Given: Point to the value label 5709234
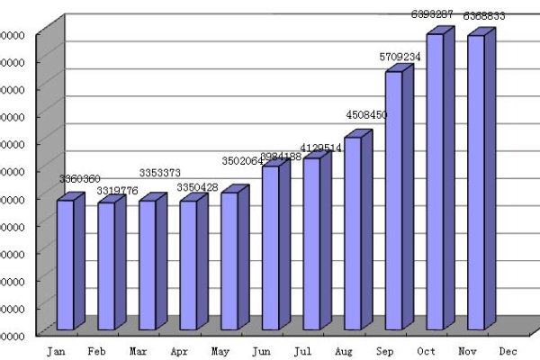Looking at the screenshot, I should click(x=400, y=57).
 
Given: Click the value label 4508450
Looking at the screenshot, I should click(x=366, y=115).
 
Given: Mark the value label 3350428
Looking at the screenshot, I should click(x=199, y=187).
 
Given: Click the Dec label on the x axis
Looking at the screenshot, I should click(x=508, y=350).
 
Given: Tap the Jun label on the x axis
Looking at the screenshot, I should click(x=261, y=350).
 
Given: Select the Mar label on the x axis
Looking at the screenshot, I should click(x=138, y=350).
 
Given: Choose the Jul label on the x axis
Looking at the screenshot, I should click(x=302, y=350).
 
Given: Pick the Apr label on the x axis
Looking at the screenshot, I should click(x=179, y=350).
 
